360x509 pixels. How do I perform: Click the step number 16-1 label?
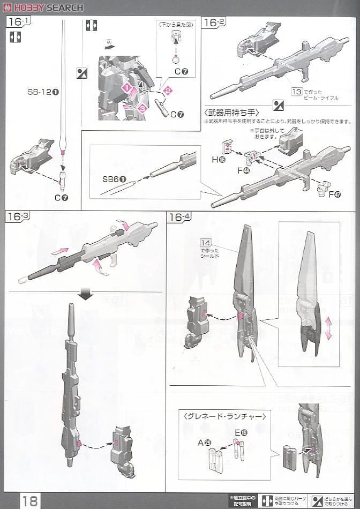[18, 22]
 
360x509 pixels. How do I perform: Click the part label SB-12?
[43, 92]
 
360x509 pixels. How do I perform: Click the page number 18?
[30, 500]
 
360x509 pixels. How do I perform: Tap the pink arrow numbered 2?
[167, 91]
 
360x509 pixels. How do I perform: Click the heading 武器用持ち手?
[231, 113]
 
